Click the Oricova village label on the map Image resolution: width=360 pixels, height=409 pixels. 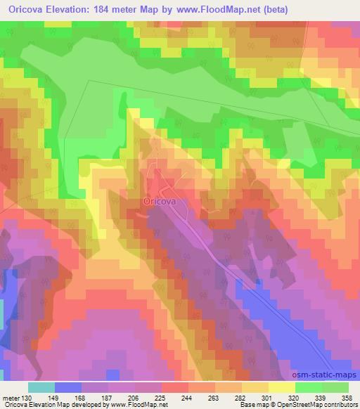pyautogui.click(x=159, y=201)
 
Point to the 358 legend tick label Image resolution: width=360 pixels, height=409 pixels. pyautogui.click(x=347, y=398)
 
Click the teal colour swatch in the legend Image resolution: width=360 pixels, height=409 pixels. pyautogui.click(x=41, y=387)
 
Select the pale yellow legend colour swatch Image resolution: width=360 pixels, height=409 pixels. pyautogui.click(x=281, y=387)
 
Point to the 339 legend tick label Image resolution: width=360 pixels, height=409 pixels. pyautogui.click(x=321, y=398)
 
